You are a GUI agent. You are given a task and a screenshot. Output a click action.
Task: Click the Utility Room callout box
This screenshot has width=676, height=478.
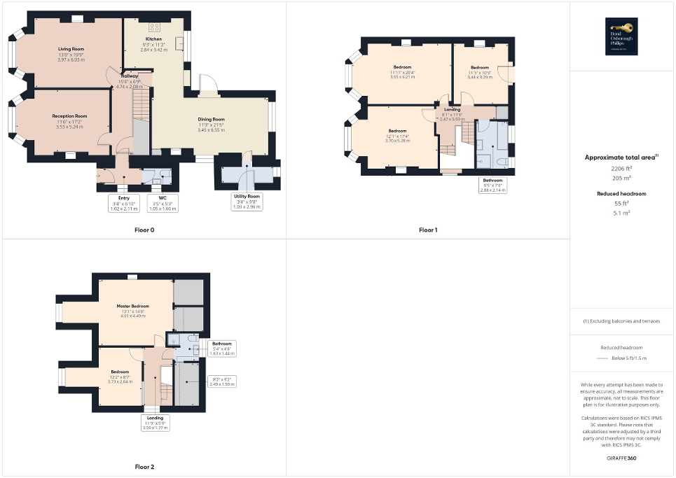[247, 202]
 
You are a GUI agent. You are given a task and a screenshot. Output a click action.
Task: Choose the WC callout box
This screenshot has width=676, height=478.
[163, 203]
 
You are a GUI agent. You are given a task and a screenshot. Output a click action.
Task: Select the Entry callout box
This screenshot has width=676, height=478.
[124, 203]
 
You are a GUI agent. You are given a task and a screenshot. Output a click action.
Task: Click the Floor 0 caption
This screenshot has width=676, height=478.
[144, 230]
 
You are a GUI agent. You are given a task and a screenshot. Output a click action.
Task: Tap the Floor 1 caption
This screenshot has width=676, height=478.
[428, 230]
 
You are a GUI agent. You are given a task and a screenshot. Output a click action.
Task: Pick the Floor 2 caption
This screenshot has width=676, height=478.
[144, 466]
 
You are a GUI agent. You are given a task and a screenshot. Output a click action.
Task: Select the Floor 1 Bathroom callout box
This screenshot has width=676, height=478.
[492, 185]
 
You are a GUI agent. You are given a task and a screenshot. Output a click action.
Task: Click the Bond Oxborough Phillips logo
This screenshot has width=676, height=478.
[621, 36]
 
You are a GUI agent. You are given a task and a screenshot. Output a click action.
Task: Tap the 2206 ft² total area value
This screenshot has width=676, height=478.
[621, 169]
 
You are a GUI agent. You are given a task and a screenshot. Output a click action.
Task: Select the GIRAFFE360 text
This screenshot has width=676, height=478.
[621, 458]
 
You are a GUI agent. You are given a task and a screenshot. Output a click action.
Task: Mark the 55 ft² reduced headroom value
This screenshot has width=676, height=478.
[621, 204]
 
